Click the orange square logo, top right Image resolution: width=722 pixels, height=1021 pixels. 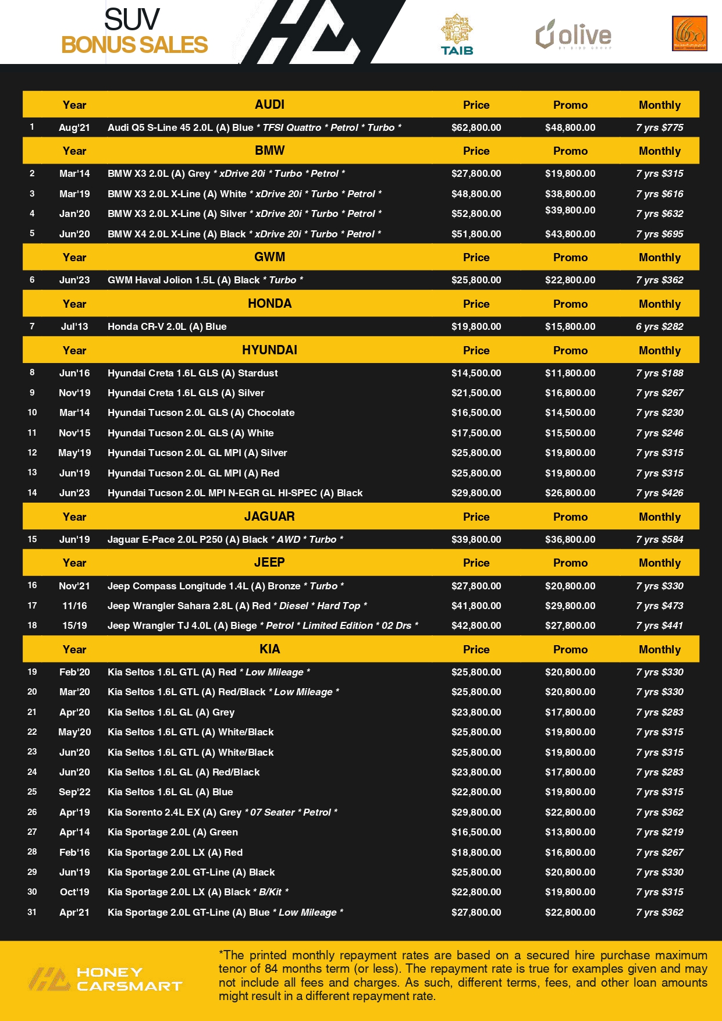pos(689,34)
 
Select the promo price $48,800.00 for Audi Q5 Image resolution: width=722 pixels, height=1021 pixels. pos(570,127)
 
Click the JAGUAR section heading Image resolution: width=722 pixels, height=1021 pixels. pos(269,517)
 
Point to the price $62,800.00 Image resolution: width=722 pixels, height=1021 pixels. pos(476,127)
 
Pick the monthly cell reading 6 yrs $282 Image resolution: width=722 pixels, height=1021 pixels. pos(659,326)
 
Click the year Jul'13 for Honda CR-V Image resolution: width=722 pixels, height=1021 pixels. pos(74,326)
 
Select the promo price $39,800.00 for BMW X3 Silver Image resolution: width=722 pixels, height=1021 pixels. pos(570,210)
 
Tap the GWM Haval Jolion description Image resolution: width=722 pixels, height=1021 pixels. pos(205,280)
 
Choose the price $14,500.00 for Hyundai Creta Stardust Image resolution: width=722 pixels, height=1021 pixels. pos(476,373)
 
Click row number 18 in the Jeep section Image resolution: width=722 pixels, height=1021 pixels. pos(32,625)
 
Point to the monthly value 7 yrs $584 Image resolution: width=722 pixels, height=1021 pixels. pos(659,539)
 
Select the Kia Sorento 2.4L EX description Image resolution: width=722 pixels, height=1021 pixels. pos(222,812)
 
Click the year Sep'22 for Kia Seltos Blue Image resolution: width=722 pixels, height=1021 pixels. pos(74,792)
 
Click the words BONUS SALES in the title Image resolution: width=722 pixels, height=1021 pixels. pos(134,45)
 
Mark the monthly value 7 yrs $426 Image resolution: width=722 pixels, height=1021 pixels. pos(659,493)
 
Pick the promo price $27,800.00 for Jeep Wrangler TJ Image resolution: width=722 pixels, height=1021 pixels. pos(570,625)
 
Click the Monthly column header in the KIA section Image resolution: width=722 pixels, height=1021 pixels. pos(659,649)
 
